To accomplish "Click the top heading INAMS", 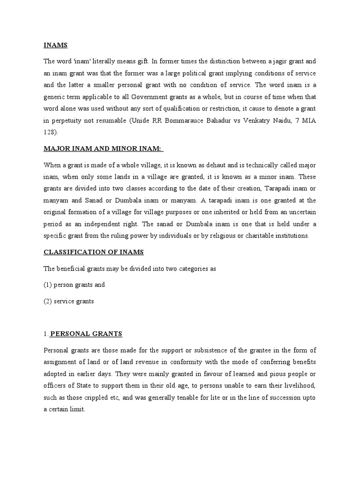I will (55, 45).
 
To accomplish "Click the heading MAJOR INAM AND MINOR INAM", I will (103, 149).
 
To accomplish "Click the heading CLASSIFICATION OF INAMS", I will (94, 252).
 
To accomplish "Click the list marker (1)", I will (48, 285).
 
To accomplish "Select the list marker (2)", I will (48, 301).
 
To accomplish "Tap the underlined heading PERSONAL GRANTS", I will (86, 333).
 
